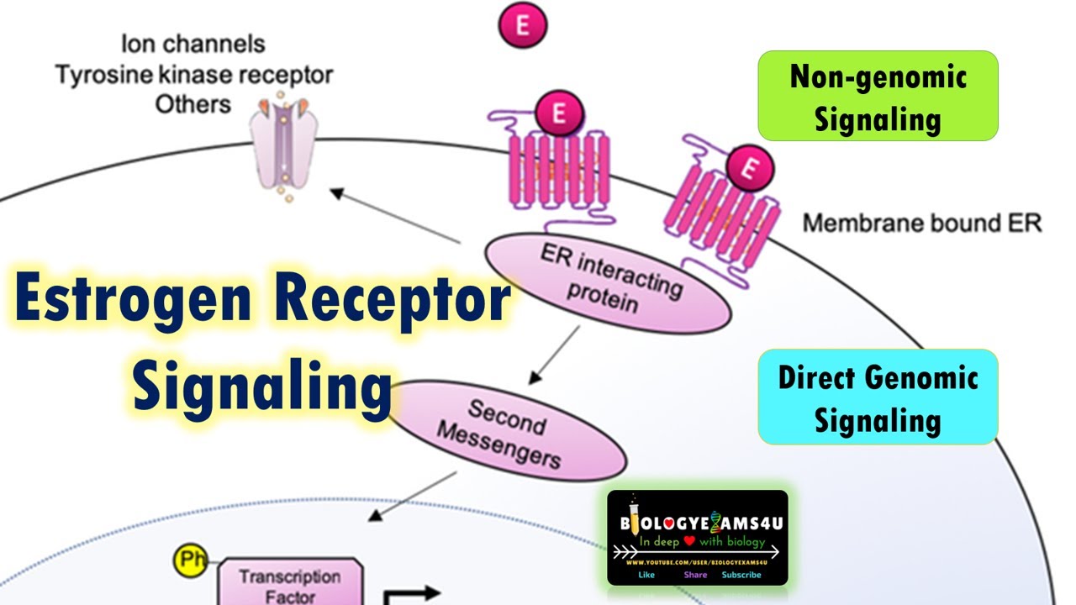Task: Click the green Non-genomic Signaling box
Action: [878, 96]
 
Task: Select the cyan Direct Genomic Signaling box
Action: [878, 397]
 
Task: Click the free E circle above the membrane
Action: [523, 25]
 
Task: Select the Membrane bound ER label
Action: [921, 224]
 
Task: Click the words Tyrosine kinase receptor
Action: [194, 75]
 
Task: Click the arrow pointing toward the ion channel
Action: [395, 217]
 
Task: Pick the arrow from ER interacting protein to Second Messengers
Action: [554, 351]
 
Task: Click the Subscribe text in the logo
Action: [741, 575]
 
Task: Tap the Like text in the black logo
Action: [647, 575]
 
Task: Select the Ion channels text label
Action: [193, 45]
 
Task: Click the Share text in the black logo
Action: [695, 575]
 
